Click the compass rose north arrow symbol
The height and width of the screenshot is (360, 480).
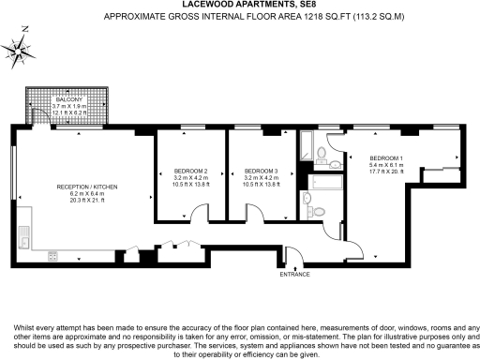[19, 49]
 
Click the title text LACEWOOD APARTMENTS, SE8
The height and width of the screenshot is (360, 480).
[239, 6]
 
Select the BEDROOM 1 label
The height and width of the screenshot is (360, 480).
[385, 157]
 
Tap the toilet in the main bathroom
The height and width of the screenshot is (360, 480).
[307, 199]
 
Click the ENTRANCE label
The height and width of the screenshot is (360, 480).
[293, 274]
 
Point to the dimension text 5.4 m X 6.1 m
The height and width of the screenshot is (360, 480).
[385, 164]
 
